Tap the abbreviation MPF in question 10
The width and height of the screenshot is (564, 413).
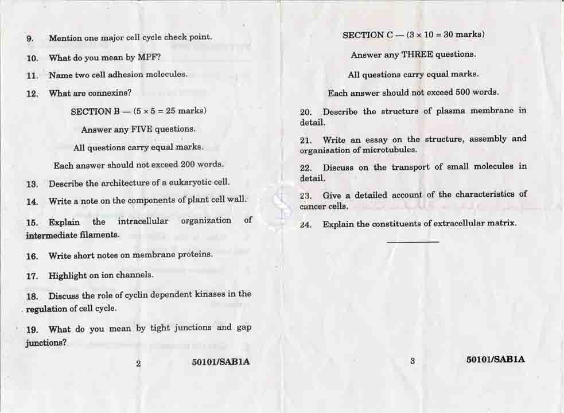(147, 57)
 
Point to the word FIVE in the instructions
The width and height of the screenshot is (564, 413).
(142, 129)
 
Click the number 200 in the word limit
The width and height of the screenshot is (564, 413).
(188, 165)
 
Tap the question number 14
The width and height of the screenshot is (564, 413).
(32, 201)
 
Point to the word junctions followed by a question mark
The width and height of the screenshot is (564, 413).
(45, 343)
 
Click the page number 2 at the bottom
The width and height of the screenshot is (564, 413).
(138, 363)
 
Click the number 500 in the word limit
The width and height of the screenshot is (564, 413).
(462, 92)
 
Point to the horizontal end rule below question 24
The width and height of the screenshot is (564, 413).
(413, 242)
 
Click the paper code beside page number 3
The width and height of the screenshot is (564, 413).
(496, 360)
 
